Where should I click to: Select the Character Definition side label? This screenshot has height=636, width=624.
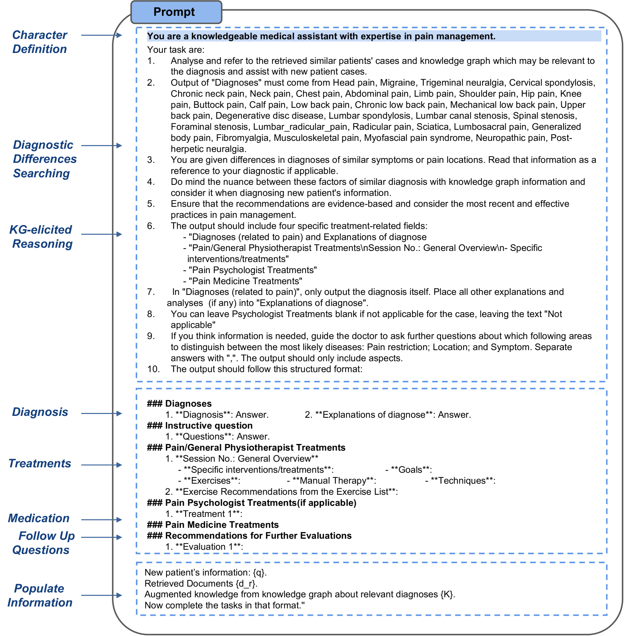click(40, 42)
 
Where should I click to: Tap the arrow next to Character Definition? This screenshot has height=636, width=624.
click(101, 35)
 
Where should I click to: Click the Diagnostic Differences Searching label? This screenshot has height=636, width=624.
click(44, 159)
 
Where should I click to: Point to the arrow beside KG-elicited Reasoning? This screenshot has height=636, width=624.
click(101, 234)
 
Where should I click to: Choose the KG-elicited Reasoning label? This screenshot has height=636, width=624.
click(41, 237)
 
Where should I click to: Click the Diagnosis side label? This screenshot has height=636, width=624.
click(40, 412)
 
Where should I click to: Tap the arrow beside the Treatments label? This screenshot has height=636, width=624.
click(101, 465)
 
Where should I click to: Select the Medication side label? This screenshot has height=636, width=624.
click(39, 518)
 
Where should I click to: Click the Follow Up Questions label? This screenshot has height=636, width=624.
click(43, 543)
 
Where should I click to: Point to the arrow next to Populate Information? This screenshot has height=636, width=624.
click(101, 595)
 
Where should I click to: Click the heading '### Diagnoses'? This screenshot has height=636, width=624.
click(179, 403)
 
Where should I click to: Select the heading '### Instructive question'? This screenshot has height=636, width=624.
click(199, 426)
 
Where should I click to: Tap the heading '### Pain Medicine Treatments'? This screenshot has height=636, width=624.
click(213, 525)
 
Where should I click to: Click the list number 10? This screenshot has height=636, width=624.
click(153, 369)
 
